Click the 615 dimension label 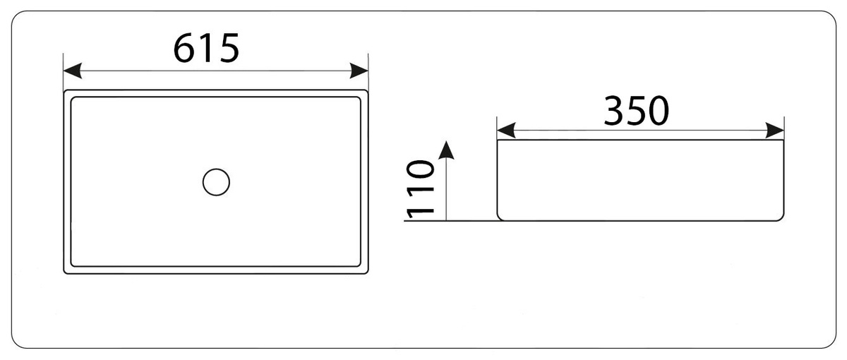(207, 49)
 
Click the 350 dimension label (636, 111)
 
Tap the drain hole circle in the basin (216, 182)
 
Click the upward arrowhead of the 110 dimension (445, 149)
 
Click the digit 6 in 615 (186, 49)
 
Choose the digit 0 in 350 (659, 111)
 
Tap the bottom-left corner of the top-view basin (66, 272)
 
